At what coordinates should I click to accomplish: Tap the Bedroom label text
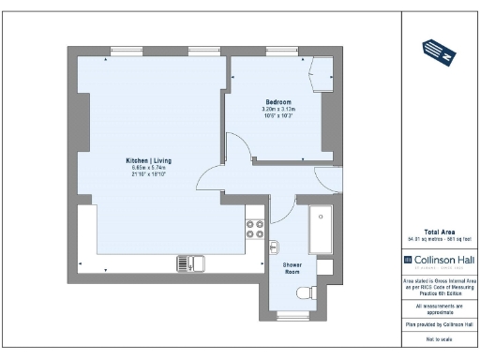(x=278, y=101)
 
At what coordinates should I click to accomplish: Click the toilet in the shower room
(x=305, y=294)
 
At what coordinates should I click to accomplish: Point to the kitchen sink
(x=189, y=263)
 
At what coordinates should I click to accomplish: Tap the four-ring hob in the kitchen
(x=255, y=229)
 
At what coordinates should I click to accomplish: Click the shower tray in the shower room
(x=322, y=230)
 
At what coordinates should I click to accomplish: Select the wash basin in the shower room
(x=273, y=247)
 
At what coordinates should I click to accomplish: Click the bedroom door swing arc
(x=238, y=150)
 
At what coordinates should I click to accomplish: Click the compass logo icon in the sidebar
(x=440, y=51)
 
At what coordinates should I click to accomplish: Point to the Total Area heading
(x=440, y=232)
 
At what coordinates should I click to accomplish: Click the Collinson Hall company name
(x=444, y=259)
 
